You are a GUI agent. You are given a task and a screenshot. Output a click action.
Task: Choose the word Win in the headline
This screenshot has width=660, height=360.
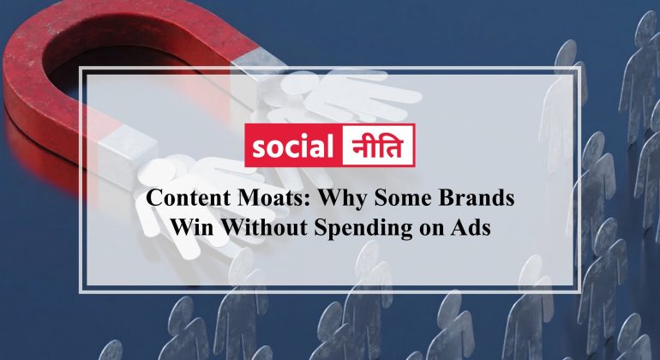(x=187, y=227)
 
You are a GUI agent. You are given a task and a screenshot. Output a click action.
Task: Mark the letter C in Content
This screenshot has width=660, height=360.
(x=154, y=198)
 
